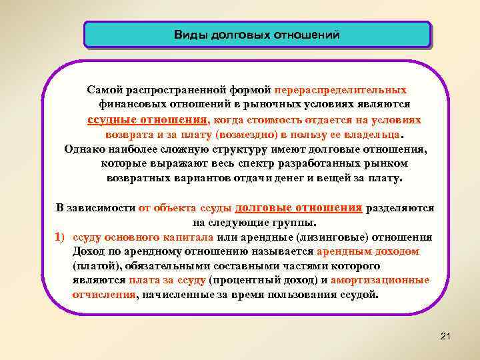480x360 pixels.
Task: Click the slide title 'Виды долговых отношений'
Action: click(257, 34)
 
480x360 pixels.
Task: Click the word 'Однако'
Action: click(84, 149)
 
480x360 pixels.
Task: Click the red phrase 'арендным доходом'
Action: click(367, 252)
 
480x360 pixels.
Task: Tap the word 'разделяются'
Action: click(399, 208)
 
